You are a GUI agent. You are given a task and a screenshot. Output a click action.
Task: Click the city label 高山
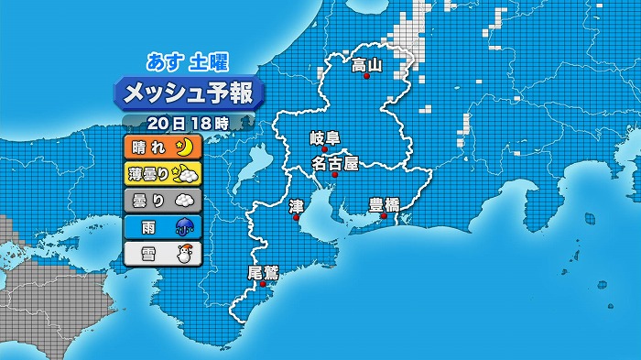[x=366, y=65]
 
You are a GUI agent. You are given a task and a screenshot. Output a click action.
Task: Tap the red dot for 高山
[x=366, y=77]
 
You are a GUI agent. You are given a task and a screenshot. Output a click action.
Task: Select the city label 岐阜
[x=325, y=138]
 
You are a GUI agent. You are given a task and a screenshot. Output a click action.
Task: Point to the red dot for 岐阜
[x=325, y=149]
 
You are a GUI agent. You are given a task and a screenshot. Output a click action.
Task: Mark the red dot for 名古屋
[x=334, y=174]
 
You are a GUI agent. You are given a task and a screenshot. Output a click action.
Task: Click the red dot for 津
[x=296, y=218]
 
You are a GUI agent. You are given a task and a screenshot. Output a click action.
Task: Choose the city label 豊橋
[x=384, y=204]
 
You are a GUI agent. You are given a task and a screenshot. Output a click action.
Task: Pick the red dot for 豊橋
[x=384, y=216]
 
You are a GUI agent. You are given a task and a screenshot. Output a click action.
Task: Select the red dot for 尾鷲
[x=264, y=284]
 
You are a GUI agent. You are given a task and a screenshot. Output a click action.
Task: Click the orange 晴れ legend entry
[x=161, y=147]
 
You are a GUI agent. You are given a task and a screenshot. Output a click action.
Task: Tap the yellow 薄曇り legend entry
[x=161, y=172]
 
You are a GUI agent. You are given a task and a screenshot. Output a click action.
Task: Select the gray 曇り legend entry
[x=161, y=198]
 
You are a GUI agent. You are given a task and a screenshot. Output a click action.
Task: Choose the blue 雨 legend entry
[x=161, y=224]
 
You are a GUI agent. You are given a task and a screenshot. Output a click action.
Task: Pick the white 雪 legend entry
[x=161, y=252]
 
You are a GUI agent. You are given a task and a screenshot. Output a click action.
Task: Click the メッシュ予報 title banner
[x=189, y=93]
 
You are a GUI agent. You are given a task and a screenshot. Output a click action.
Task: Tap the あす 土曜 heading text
[x=188, y=61]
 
